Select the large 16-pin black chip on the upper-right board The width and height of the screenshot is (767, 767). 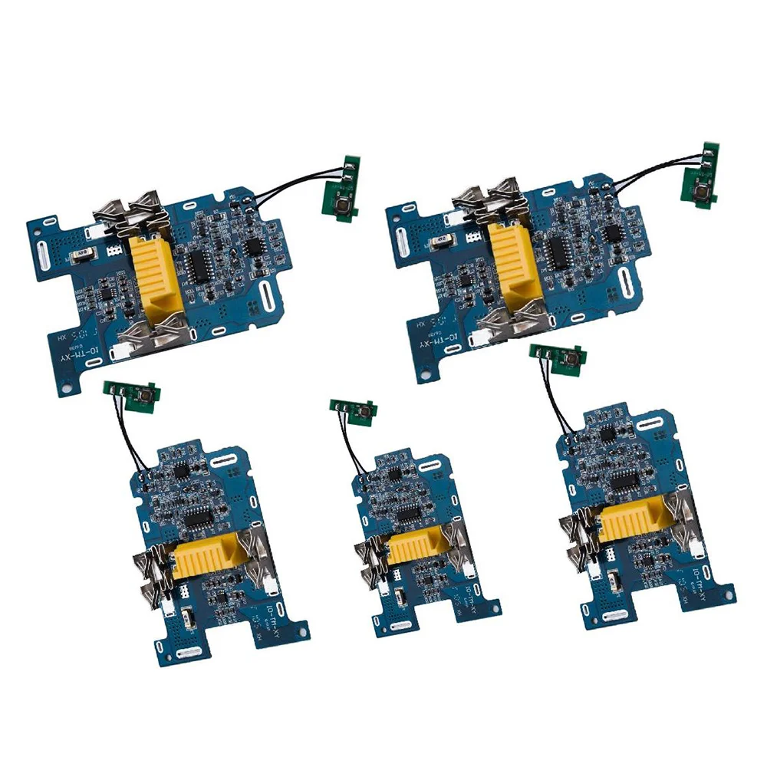pos(562,254)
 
